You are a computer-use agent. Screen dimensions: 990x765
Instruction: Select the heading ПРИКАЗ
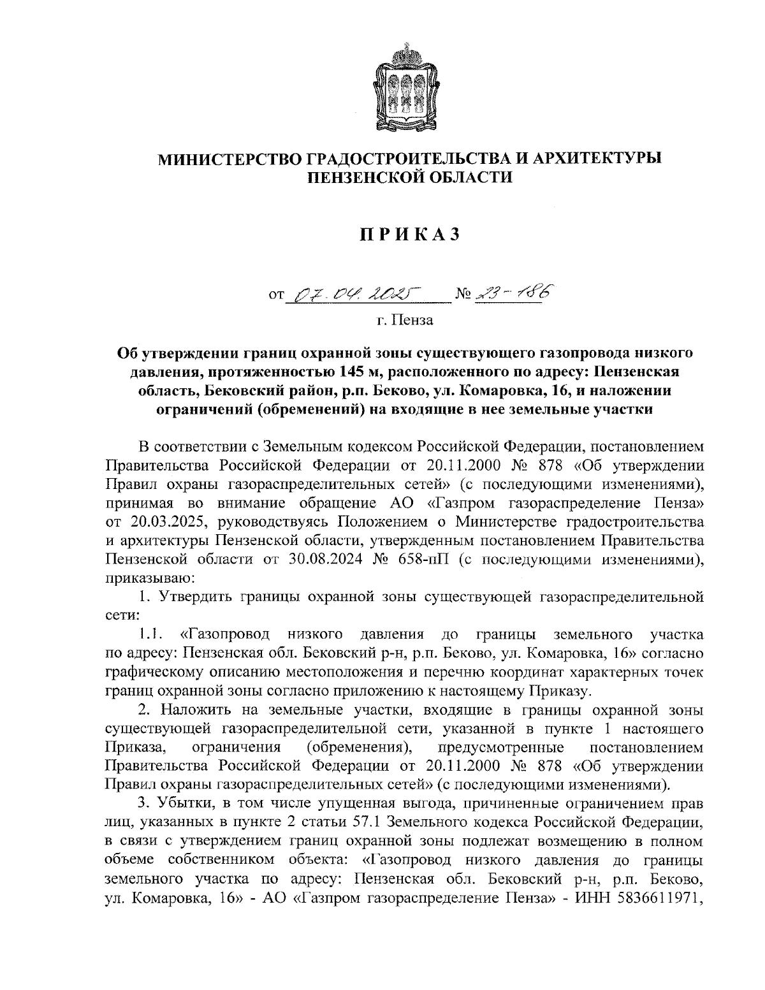point(409,235)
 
